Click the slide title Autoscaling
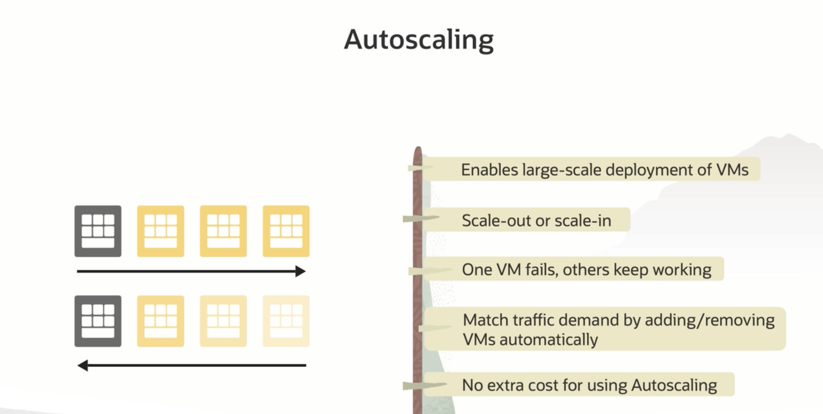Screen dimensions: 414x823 (x=418, y=40)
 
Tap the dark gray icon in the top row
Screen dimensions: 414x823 (x=98, y=231)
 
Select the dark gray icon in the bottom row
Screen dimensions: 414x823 (x=98, y=321)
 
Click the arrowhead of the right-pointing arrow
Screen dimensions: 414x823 (x=300, y=271)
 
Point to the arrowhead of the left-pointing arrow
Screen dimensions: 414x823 (x=83, y=365)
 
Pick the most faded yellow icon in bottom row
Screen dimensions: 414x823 (x=286, y=321)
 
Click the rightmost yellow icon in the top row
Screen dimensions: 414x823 (x=286, y=231)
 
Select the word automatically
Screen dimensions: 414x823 (x=549, y=340)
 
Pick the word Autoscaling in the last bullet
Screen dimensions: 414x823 (x=674, y=385)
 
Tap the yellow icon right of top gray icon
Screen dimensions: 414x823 (x=160, y=231)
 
